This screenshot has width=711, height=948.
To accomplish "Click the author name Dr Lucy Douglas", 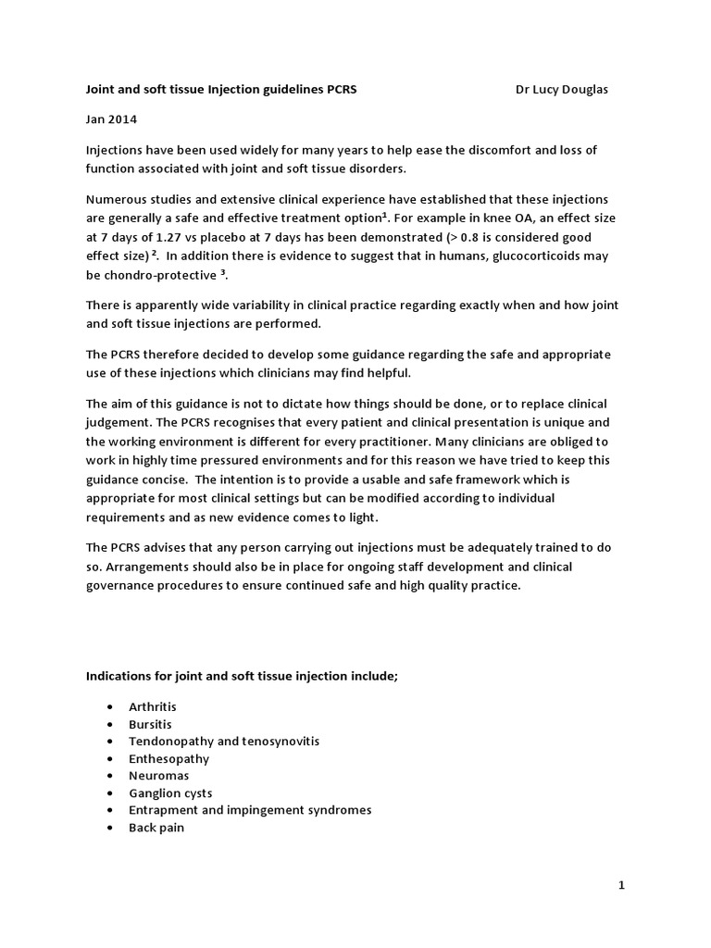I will pos(562,90).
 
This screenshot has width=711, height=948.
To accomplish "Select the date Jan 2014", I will pos(109,119).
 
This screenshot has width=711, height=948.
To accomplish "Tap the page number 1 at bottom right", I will pos(622,886).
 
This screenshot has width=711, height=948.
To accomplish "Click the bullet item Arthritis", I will pos(152,706).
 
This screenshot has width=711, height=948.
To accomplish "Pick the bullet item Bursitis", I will pos(150,724).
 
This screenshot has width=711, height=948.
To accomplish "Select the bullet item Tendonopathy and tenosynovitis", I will pos(224,742).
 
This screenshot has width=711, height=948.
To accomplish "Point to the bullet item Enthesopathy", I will pos(168,758).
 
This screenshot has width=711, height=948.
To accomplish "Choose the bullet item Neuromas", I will pos(157,776).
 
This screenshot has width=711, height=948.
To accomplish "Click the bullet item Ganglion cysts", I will pos(169,793).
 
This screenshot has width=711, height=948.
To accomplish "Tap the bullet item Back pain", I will pos(156,828).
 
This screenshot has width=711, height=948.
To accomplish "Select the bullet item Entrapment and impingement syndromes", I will pos(249,810).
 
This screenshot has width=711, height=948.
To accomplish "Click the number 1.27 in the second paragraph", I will pos(171,236).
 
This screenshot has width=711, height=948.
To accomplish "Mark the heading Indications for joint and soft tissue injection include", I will pos(242,676).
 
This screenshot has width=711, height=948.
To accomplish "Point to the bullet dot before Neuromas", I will pos(110,776).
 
